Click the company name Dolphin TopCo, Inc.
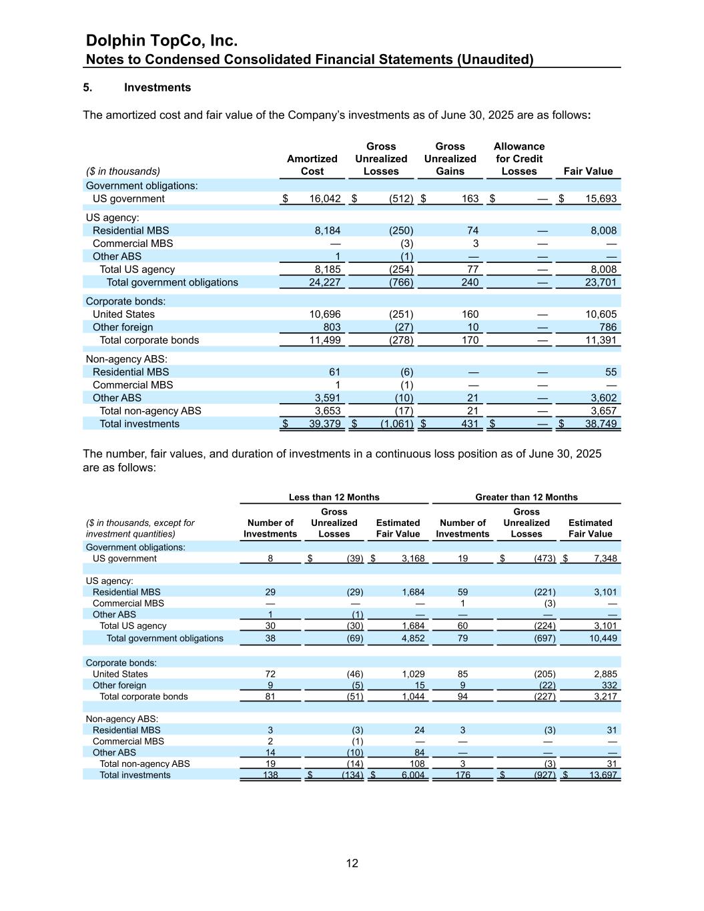pos(162,41)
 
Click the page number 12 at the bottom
pos(352,863)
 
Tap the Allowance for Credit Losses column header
pos(518,159)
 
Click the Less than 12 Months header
pos(334,497)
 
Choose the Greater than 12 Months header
pos(526,497)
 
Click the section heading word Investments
pos(157,87)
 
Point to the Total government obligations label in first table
pos(172,282)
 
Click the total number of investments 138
pos(270,775)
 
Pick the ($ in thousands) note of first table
pos(123,172)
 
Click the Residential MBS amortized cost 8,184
pos(328,231)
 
